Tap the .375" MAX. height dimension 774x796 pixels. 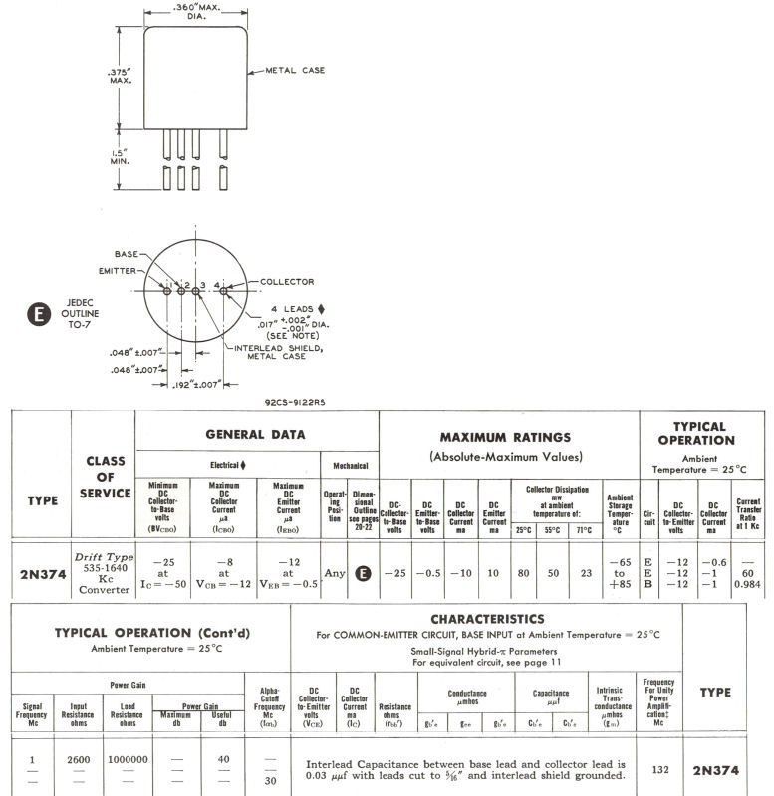(121, 75)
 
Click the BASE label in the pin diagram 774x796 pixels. (128, 254)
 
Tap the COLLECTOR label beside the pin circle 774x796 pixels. (286, 282)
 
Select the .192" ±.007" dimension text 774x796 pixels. (197, 385)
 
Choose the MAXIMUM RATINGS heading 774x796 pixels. (505, 437)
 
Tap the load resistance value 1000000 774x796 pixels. (128, 759)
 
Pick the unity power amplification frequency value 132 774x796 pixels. (658, 769)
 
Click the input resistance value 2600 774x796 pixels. (79, 759)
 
